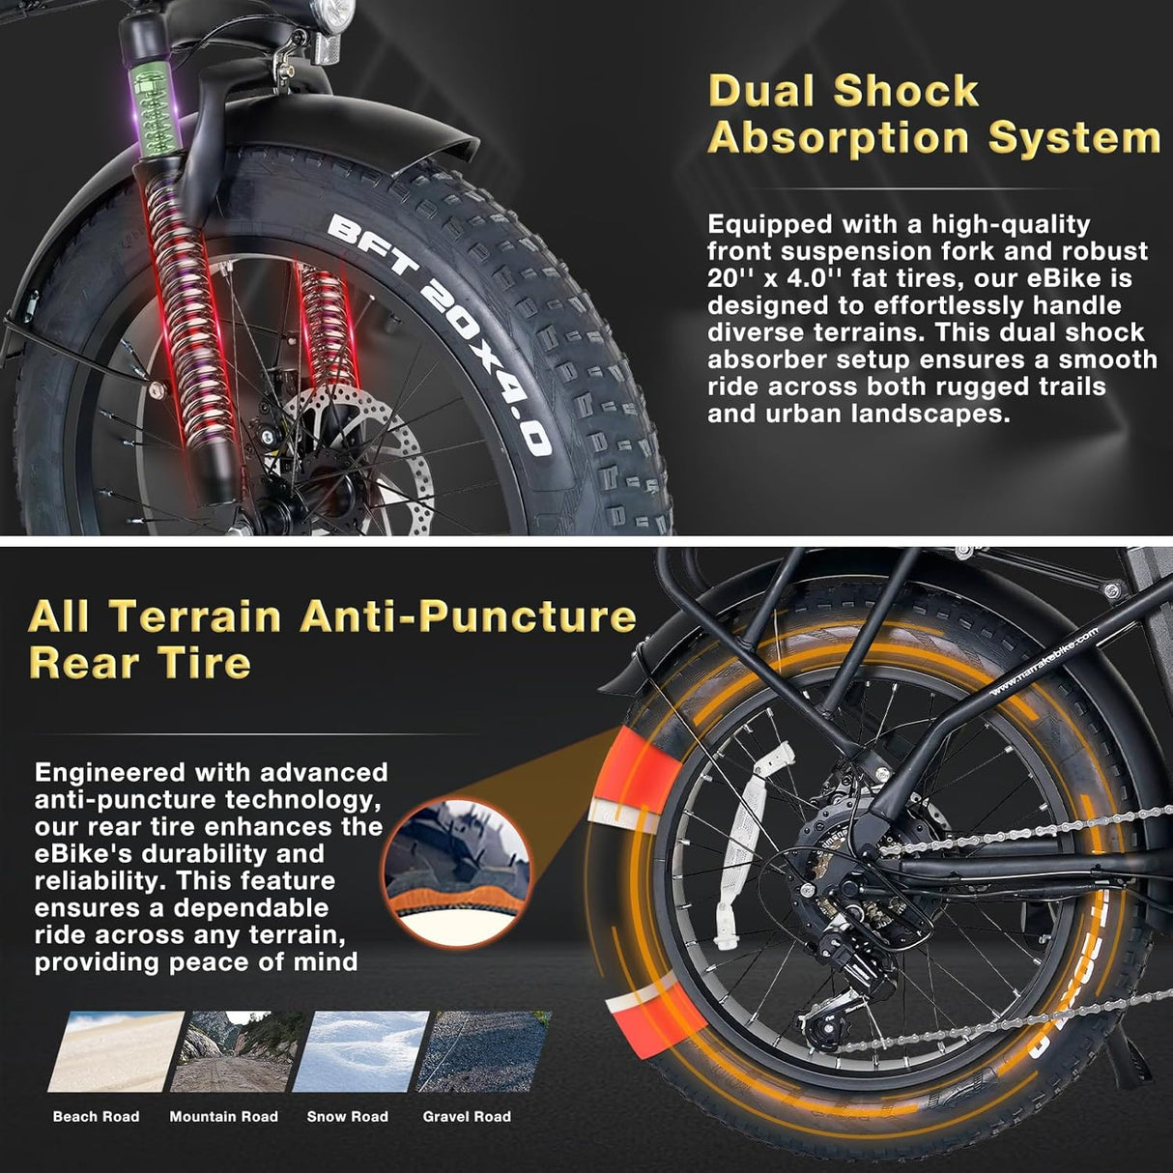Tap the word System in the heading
(x=1073, y=137)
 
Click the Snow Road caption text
(x=348, y=1117)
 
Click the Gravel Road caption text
(x=467, y=1117)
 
